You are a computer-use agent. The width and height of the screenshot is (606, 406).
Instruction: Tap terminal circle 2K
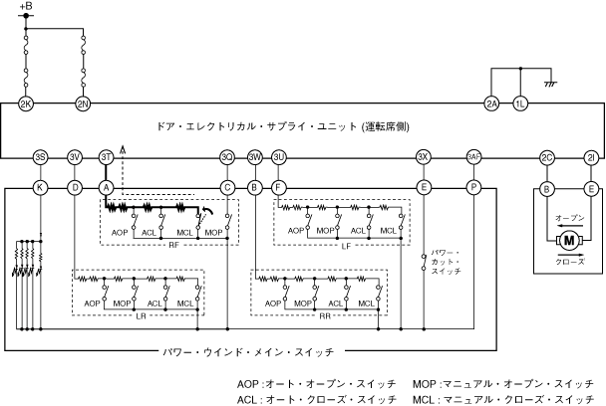pyautogui.click(x=26, y=103)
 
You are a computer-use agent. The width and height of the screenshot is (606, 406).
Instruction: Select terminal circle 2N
pyautogui.click(x=83, y=103)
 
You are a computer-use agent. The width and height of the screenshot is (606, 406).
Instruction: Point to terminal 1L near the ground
pyautogui.click(x=519, y=103)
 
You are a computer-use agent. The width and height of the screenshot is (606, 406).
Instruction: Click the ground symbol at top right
pyautogui.click(x=547, y=84)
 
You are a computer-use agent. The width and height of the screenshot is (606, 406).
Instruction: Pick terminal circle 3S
pyautogui.click(x=40, y=158)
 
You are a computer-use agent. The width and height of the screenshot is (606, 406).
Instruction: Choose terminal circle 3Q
pyautogui.click(x=227, y=158)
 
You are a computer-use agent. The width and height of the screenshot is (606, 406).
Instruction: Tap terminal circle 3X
pyautogui.click(x=424, y=158)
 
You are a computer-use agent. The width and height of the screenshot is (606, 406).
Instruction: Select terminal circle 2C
pyautogui.click(x=546, y=158)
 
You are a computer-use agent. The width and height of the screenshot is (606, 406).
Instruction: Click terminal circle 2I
pyautogui.click(x=591, y=158)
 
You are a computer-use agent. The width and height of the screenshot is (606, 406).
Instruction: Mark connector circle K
pyautogui.click(x=40, y=186)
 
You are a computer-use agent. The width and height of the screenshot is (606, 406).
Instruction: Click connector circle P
pyautogui.click(x=473, y=186)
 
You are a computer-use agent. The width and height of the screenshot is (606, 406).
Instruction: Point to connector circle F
pyautogui.click(x=279, y=186)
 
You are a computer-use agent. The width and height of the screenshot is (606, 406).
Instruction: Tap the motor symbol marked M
pyautogui.click(x=569, y=240)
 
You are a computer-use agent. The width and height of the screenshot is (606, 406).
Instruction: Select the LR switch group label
pyautogui.click(x=141, y=313)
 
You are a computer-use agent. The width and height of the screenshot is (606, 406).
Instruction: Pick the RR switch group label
pyautogui.click(x=325, y=313)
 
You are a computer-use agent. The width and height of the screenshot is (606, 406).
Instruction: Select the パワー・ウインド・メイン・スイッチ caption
pyautogui.click(x=247, y=350)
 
